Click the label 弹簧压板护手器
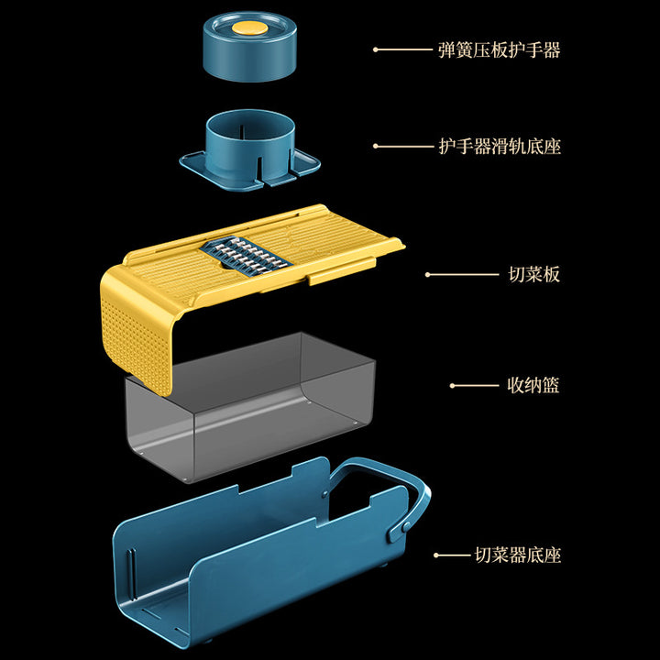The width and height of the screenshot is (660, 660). click(x=499, y=49)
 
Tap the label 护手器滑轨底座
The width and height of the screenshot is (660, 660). click(x=499, y=146)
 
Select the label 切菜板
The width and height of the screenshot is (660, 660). click(x=533, y=274)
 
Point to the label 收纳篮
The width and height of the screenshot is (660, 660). click(x=533, y=385)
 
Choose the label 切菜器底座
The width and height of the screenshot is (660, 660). click(x=518, y=555)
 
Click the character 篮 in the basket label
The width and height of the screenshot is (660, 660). click(x=549, y=385)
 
